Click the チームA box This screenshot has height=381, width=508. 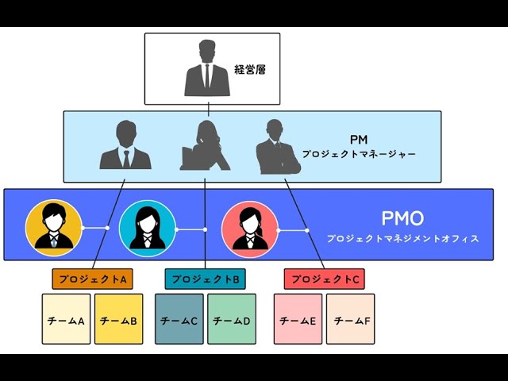coord(66,319)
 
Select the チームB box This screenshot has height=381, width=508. coord(118,319)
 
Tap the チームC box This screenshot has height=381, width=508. coord(179,319)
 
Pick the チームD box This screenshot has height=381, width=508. coord(232,319)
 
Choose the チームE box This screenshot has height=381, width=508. coord(298,319)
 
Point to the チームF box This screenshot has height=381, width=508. coord(350,319)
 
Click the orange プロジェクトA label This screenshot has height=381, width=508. coord(92,279)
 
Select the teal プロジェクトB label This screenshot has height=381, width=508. coord(206,279)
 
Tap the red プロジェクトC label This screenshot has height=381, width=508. coord(324,279)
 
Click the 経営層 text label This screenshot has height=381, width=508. coord(250,70)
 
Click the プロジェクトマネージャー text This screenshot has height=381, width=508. coord(359,154)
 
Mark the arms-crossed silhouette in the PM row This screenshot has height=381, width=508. coord(277,148)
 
